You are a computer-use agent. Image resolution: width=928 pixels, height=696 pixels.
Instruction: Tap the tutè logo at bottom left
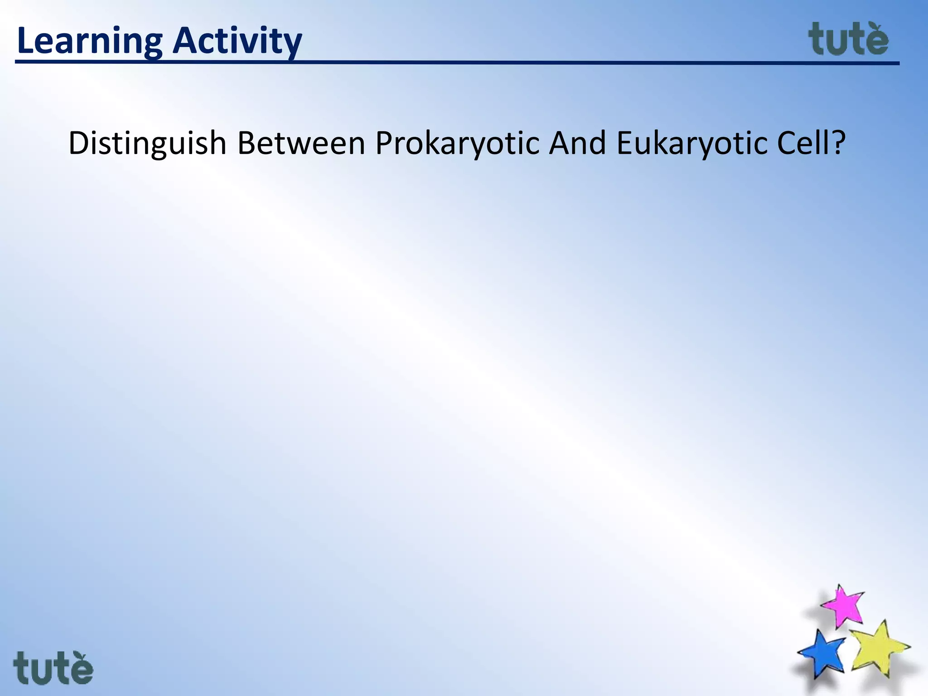[53, 668]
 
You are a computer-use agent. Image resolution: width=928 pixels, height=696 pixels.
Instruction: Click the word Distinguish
[147, 144]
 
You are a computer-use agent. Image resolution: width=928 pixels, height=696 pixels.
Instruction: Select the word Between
[301, 144]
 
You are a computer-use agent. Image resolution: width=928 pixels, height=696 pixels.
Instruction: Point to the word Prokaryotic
[458, 144]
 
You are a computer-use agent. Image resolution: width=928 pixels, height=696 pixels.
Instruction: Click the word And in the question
[577, 143]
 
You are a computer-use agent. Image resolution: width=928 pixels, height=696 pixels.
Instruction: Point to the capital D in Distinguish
[77, 143]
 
